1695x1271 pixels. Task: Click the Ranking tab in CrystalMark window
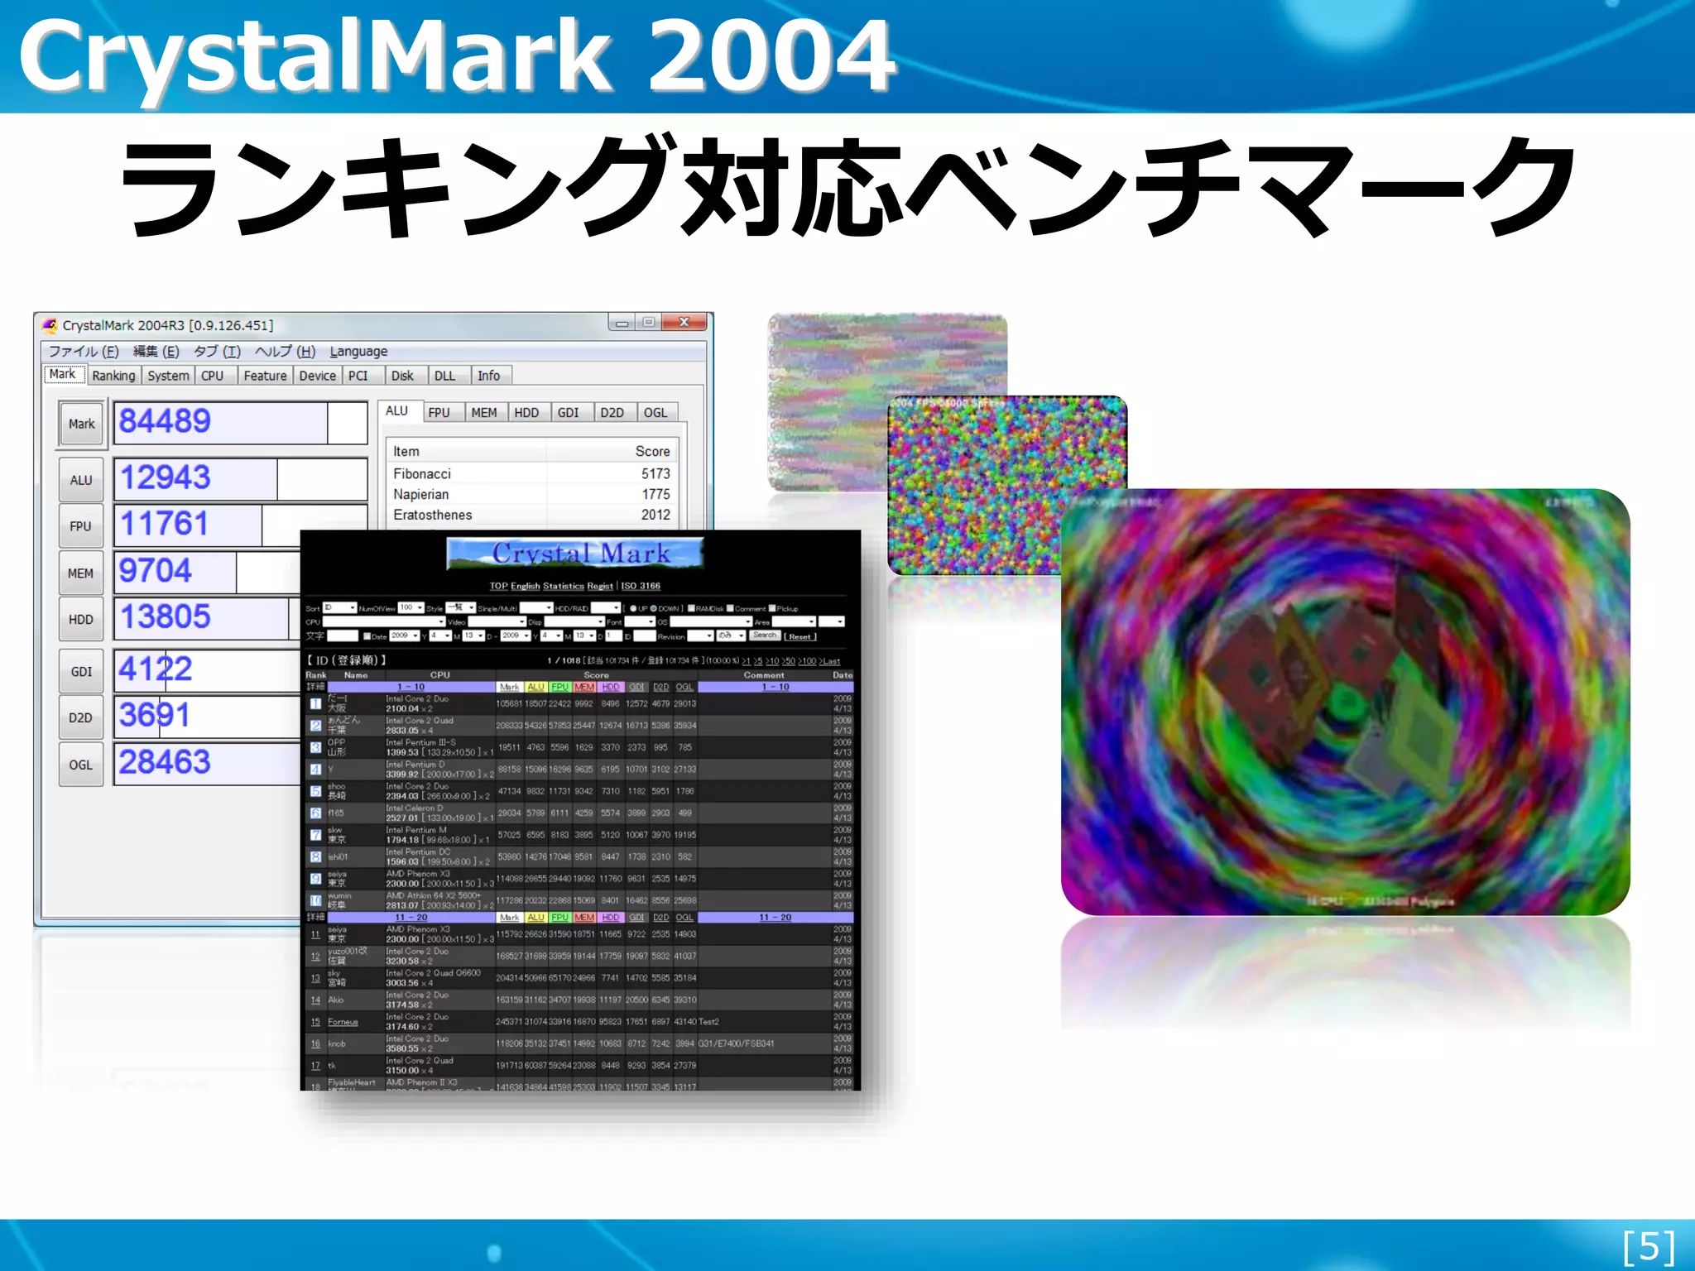[113, 376]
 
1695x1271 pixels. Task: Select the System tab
[168, 376]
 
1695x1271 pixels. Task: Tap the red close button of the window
[684, 323]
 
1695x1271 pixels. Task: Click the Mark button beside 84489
[81, 424]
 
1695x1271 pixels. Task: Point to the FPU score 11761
[164, 525]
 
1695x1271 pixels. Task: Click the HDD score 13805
[165, 617]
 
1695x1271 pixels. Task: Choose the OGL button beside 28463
[81, 765]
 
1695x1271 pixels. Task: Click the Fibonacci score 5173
[655, 474]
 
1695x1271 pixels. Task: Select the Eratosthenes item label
[432, 515]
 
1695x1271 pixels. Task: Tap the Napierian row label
[420, 495]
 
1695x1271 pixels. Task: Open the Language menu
[358, 352]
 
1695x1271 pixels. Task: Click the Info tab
[488, 376]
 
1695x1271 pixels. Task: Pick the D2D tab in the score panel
[612, 413]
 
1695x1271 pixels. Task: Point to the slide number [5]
[1648, 1247]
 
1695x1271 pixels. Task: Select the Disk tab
[402, 376]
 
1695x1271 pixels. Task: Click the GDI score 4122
[155, 669]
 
